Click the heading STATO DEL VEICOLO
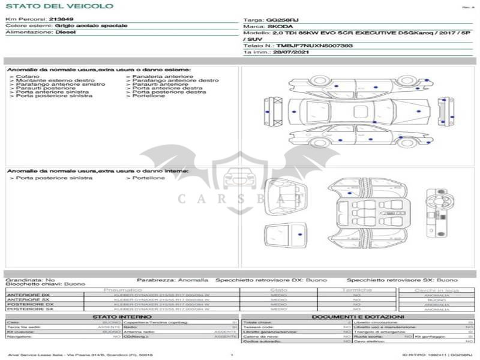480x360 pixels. pyautogui.click(x=59, y=6)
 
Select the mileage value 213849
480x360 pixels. pyautogui.click(x=61, y=20)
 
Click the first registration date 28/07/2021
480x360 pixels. pyautogui.click(x=282, y=53)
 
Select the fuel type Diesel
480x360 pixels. pyautogui.click(x=65, y=32)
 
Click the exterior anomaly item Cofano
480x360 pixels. pyautogui.click(x=28, y=77)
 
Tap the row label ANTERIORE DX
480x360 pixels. pyautogui.click(x=28, y=295)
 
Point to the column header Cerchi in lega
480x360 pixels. pyautogui.click(x=436, y=290)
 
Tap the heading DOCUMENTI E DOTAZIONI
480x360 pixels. pyautogui.click(x=358, y=317)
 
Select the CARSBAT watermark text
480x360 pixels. pyautogui.click(x=239, y=199)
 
